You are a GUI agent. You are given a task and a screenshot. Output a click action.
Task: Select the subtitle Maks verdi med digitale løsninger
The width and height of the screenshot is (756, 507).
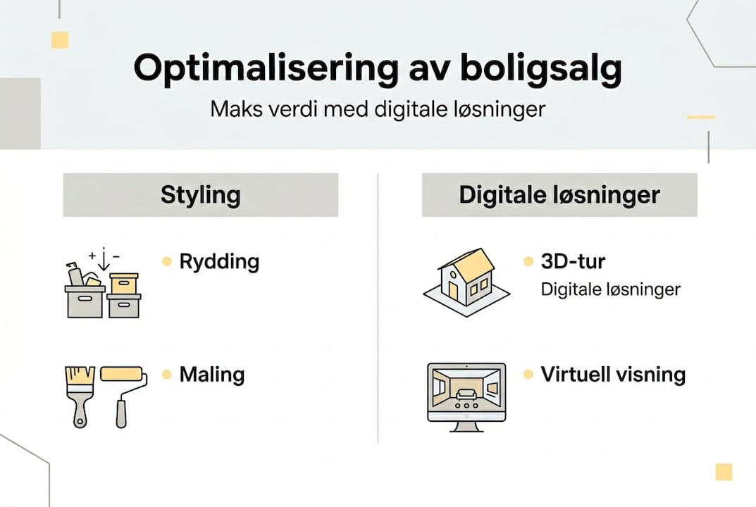coord(378,110)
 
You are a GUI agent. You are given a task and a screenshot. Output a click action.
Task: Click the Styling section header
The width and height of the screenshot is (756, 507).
coord(201,195)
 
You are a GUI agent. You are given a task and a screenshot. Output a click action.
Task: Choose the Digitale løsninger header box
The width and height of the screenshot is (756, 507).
coord(559,195)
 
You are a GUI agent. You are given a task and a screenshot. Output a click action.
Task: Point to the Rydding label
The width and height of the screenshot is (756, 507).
coord(219,262)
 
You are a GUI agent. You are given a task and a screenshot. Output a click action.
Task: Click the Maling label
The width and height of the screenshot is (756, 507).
coord(211,375)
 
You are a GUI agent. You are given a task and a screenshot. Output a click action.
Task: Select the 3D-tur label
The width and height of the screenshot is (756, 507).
coord(573,262)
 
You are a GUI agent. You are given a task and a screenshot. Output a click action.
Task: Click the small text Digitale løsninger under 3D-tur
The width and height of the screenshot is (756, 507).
coord(610,289)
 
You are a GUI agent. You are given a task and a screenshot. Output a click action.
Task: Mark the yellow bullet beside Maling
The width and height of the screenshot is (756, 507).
coord(167,375)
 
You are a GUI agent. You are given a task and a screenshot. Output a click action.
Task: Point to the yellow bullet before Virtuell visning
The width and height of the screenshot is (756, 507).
coord(528,375)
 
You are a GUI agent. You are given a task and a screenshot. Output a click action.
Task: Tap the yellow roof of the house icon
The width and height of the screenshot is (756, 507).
coord(474,263)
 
